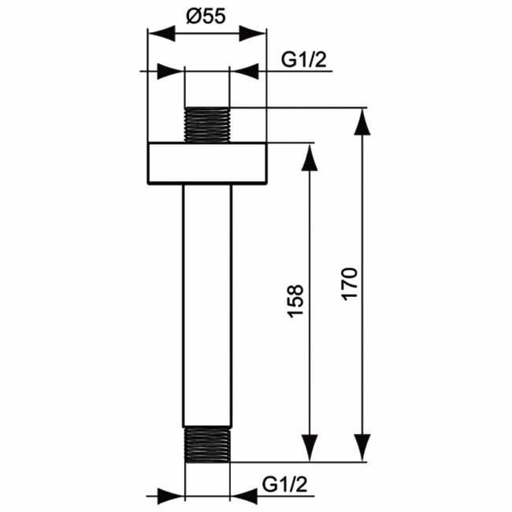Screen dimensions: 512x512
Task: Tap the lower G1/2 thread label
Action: tap(284, 481)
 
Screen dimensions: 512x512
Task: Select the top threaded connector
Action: tap(207, 124)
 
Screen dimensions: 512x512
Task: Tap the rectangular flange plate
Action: tap(207, 164)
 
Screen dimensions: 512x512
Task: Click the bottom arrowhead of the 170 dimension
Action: tap(362, 448)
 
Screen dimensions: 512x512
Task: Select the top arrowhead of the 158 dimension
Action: tap(310, 157)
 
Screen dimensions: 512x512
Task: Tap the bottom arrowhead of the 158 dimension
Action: tap(310, 448)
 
